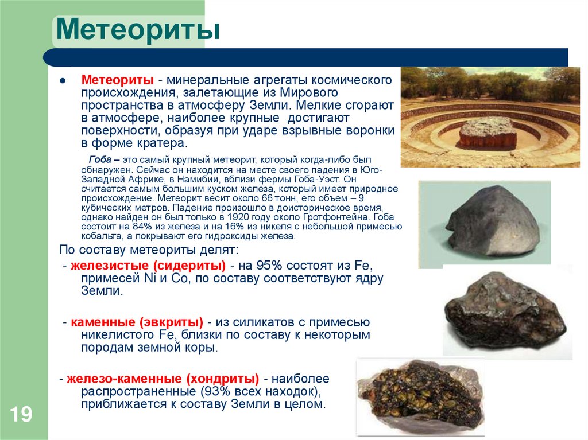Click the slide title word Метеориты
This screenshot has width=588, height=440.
coord(137,29)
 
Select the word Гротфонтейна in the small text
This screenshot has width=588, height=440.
coord(338,217)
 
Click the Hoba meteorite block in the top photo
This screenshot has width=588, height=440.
coord(488,133)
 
